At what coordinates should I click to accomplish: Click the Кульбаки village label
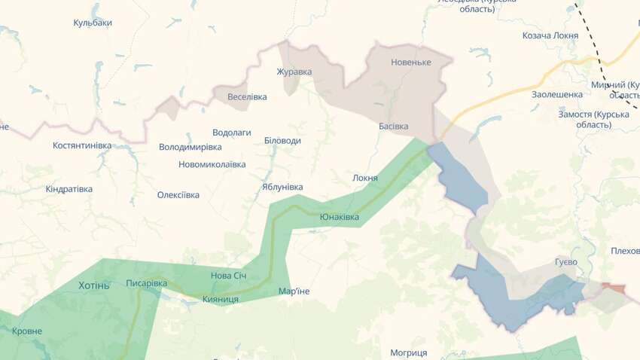click(93, 23)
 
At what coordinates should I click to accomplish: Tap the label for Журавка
click(294, 72)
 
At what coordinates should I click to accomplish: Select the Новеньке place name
click(411, 62)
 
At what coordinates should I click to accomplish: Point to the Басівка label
click(393, 126)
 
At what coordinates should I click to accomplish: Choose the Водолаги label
click(232, 132)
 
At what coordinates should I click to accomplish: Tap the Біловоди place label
click(282, 141)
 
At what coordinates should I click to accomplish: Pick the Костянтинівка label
click(82, 145)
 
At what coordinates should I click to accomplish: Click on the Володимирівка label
click(190, 147)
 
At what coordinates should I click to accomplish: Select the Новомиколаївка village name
click(212, 164)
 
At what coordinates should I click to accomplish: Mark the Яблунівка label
click(282, 187)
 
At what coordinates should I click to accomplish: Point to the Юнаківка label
click(340, 217)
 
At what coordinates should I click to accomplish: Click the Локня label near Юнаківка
click(365, 178)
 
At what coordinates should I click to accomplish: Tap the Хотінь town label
click(94, 285)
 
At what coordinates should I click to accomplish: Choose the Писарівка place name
click(147, 283)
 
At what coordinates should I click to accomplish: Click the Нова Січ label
click(229, 276)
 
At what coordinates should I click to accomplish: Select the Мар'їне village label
click(294, 291)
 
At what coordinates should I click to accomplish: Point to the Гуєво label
click(565, 261)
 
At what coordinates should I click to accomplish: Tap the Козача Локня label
click(550, 35)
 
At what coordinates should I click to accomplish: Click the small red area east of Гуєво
click(614, 288)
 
